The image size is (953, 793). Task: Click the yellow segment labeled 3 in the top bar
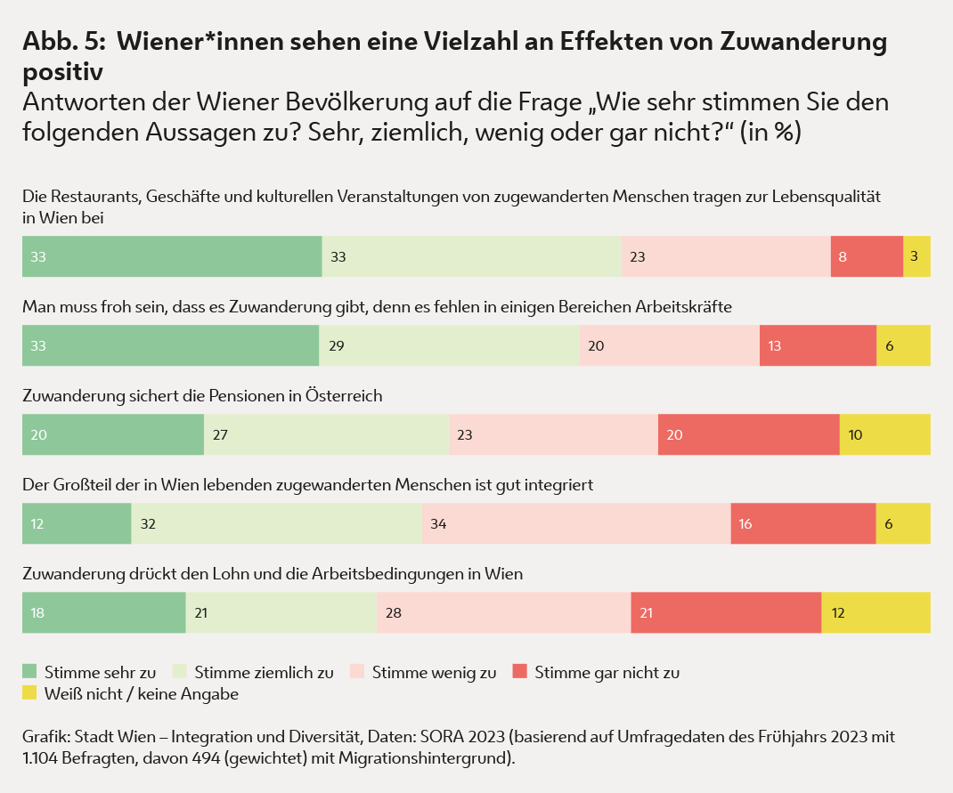point(916,256)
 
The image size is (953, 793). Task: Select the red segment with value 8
point(867,256)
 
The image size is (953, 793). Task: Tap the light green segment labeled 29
point(449,345)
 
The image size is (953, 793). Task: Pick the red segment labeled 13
point(818,345)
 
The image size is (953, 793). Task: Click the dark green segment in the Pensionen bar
point(113,434)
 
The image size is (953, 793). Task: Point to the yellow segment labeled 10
point(884,434)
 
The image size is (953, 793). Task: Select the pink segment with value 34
point(576,523)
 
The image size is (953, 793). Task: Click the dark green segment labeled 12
point(77,523)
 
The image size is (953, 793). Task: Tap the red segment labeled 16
point(803,523)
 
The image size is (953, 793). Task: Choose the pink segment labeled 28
point(503,612)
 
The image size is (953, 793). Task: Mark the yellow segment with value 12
point(876,612)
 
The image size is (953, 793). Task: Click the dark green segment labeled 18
point(103,612)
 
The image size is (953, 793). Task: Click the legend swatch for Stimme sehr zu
point(30,672)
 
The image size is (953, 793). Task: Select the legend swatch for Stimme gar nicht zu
point(520,672)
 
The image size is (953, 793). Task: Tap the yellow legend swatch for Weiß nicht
point(30,692)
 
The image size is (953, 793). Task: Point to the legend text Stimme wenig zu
point(434,673)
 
